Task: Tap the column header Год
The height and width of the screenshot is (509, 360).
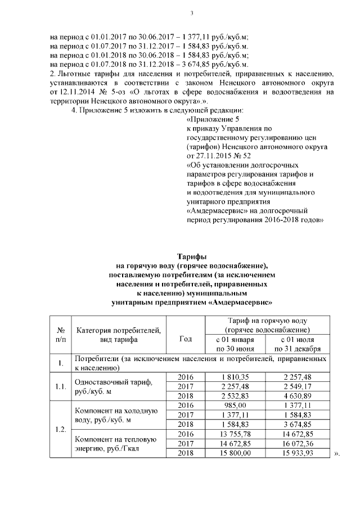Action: (185, 339)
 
